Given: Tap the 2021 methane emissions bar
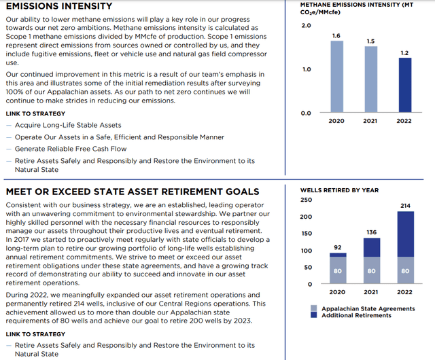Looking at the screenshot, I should click(371, 78).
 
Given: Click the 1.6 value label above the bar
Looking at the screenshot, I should click(337, 35).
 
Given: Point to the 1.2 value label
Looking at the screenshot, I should click(404, 52).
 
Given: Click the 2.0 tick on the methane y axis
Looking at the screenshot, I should click(306, 26).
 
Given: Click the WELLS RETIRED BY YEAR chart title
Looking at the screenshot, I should click(339, 190).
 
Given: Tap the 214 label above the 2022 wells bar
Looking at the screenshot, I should click(405, 206).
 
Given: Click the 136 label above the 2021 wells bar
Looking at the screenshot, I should click(372, 232).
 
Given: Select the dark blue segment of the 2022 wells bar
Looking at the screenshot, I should click(404, 234).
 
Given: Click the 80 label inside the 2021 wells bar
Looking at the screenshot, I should click(372, 271).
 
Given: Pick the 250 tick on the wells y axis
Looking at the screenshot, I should click(306, 200).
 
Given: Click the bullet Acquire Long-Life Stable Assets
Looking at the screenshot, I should click(67, 125).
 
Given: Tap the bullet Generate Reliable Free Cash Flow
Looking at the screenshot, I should click(71, 149).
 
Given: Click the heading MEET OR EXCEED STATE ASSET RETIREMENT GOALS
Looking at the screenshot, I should click(132, 191).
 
